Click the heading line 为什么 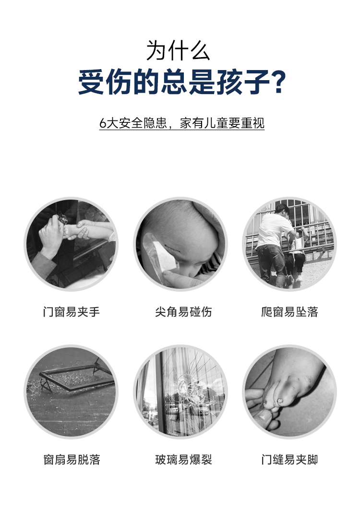click(178, 51)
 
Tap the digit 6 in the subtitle click(103, 123)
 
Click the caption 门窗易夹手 click(72, 311)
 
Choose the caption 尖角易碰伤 click(183, 311)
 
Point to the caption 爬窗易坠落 click(289, 311)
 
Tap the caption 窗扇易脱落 click(72, 460)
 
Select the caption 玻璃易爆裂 click(183, 460)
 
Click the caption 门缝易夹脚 click(289, 460)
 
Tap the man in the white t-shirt click(274, 244)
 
